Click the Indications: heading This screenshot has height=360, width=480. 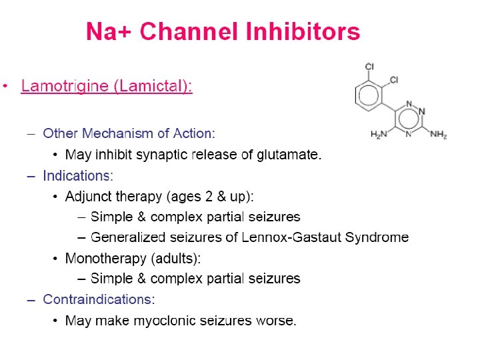point(78,176)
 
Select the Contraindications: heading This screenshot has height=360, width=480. point(99,299)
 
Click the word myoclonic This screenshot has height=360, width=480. point(170,321)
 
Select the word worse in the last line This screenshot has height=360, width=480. point(275,321)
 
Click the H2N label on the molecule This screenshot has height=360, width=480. point(378,135)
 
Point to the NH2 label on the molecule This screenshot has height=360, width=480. point(438,135)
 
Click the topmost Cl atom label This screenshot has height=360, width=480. point(369,66)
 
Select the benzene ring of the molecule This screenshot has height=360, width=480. point(369,96)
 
